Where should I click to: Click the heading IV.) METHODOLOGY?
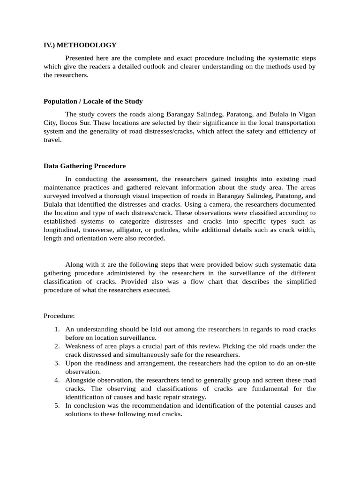80,45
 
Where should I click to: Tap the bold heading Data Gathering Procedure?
84,166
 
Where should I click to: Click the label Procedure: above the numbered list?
60,316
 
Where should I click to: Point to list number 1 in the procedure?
56,329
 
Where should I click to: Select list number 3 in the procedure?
56,363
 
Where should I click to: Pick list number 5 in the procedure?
56,405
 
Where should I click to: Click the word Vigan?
307,114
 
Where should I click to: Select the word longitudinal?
62,230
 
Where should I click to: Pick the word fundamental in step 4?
276,389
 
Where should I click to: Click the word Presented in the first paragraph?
81,58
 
